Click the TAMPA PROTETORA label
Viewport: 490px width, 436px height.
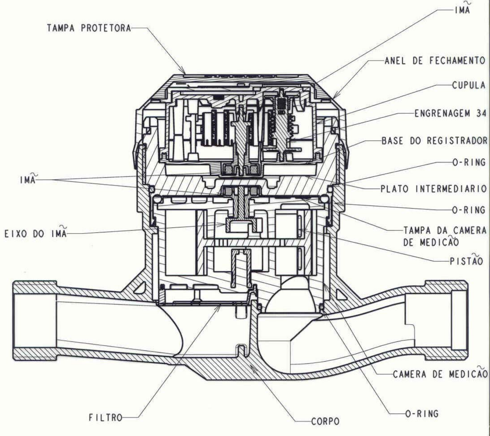pyautogui.click(x=89, y=28)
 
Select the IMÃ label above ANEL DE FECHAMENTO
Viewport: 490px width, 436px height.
pyautogui.click(x=462, y=9)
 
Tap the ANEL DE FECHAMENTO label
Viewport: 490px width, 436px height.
pyautogui.click(x=435, y=61)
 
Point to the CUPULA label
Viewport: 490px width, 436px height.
pyautogui.click(x=469, y=85)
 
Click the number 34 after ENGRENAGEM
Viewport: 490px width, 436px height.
pyautogui.click(x=481, y=113)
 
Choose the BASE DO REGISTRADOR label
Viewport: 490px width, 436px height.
pyautogui.click(x=435, y=141)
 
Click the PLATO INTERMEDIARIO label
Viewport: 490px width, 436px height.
pyautogui.click(x=434, y=189)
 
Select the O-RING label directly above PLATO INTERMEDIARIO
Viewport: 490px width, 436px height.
pyautogui.click(x=469, y=162)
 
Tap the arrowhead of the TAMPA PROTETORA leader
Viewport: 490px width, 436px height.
pyautogui.click(x=185, y=73)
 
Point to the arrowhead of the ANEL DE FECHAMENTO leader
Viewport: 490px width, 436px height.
pyautogui.click(x=333, y=98)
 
